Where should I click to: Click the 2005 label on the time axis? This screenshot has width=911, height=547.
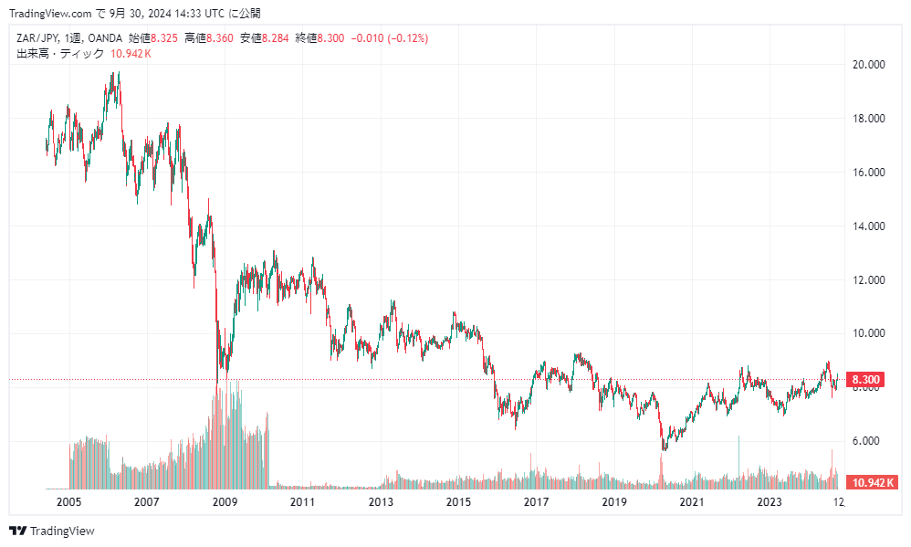tap(68, 501)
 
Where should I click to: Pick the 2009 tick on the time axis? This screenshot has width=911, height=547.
tap(225, 501)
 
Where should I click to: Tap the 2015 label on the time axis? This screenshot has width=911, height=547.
tap(458, 501)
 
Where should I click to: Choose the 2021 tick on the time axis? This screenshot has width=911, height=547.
tap(692, 501)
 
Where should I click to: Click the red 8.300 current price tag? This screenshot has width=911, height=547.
tap(864, 380)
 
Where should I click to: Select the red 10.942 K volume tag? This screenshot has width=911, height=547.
tap(871, 482)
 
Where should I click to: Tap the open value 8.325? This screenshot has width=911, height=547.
tap(164, 37)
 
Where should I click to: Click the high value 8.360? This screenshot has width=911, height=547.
tap(220, 37)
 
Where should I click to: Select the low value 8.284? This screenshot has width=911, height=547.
tap(276, 37)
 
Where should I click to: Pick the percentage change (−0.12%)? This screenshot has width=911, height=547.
tap(408, 37)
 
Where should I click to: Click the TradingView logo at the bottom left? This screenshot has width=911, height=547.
tap(52, 531)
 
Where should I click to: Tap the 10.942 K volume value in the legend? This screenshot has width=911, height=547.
tap(131, 54)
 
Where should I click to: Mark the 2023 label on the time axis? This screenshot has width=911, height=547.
tap(770, 501)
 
